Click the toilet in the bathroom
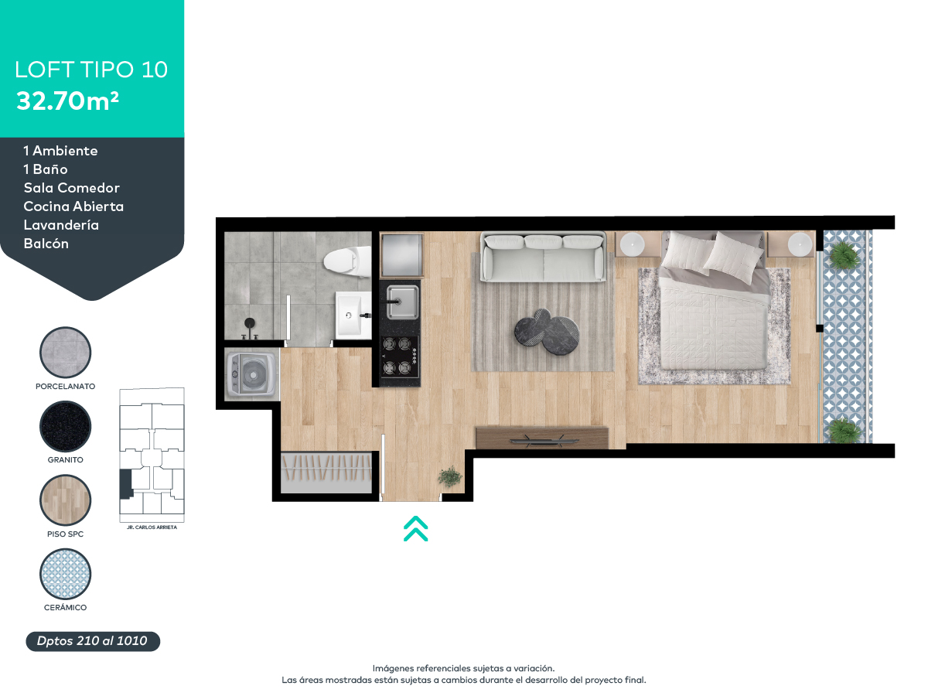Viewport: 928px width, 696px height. click(x=347, y=261)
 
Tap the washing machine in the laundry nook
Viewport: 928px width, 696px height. click(x=252, y=374)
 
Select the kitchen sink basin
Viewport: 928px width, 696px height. click(x=402, y=302)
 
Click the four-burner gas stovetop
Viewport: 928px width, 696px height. click(x=400, y=357)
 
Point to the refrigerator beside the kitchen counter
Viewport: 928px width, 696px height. click(x=401, y=255)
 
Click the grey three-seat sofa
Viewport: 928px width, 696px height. click(x=544, y=258)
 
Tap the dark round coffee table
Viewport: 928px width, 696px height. click(x=546, y=332)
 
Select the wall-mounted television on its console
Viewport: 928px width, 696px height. click(x=542, y=439)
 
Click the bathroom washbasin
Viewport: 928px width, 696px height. click(x=353, y=315)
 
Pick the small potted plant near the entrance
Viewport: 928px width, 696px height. click(x=450, y=476)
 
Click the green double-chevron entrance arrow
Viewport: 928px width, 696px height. click(x=415, y=529)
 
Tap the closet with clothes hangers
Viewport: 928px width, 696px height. click(x=326, y=473)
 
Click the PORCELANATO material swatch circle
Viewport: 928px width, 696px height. click(x=65, y=352)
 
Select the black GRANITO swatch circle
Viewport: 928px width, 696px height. click(x=65, y=426)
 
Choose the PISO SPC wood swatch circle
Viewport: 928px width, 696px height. click(x=65, y=500)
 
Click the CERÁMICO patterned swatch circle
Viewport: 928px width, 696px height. click(x=65, y=574)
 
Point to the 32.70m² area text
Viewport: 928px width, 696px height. click(x=67, y=101)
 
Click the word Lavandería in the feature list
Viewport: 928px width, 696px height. click(x=61, y=225)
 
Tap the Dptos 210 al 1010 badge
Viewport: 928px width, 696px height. click(x=93, y=641)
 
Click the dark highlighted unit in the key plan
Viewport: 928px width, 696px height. click(x=126, y=484)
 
